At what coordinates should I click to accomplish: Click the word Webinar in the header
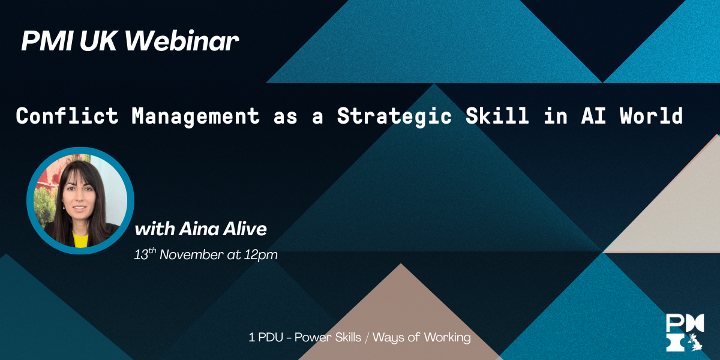tap(182, 41)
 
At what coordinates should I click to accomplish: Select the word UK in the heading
tap(98, 41)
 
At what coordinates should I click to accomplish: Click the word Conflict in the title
tap(67, 116)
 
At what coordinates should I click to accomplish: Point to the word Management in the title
tap(196, 117)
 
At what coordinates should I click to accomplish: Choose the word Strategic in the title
tap(394, 117)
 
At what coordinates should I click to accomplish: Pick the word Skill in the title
tap(497, 115)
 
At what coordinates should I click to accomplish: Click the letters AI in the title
tap(593, 116)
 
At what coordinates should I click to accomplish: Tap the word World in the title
tap(652, 115)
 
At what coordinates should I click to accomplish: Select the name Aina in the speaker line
tap(199, 229)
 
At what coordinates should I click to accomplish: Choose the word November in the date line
tap(191, 254)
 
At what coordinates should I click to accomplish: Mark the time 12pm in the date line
tap(260, 255)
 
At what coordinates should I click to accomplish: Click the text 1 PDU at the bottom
tap(266, 337)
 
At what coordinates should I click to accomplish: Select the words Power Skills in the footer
tap(328, 337)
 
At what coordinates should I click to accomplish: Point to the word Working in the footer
tap(447, 338)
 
